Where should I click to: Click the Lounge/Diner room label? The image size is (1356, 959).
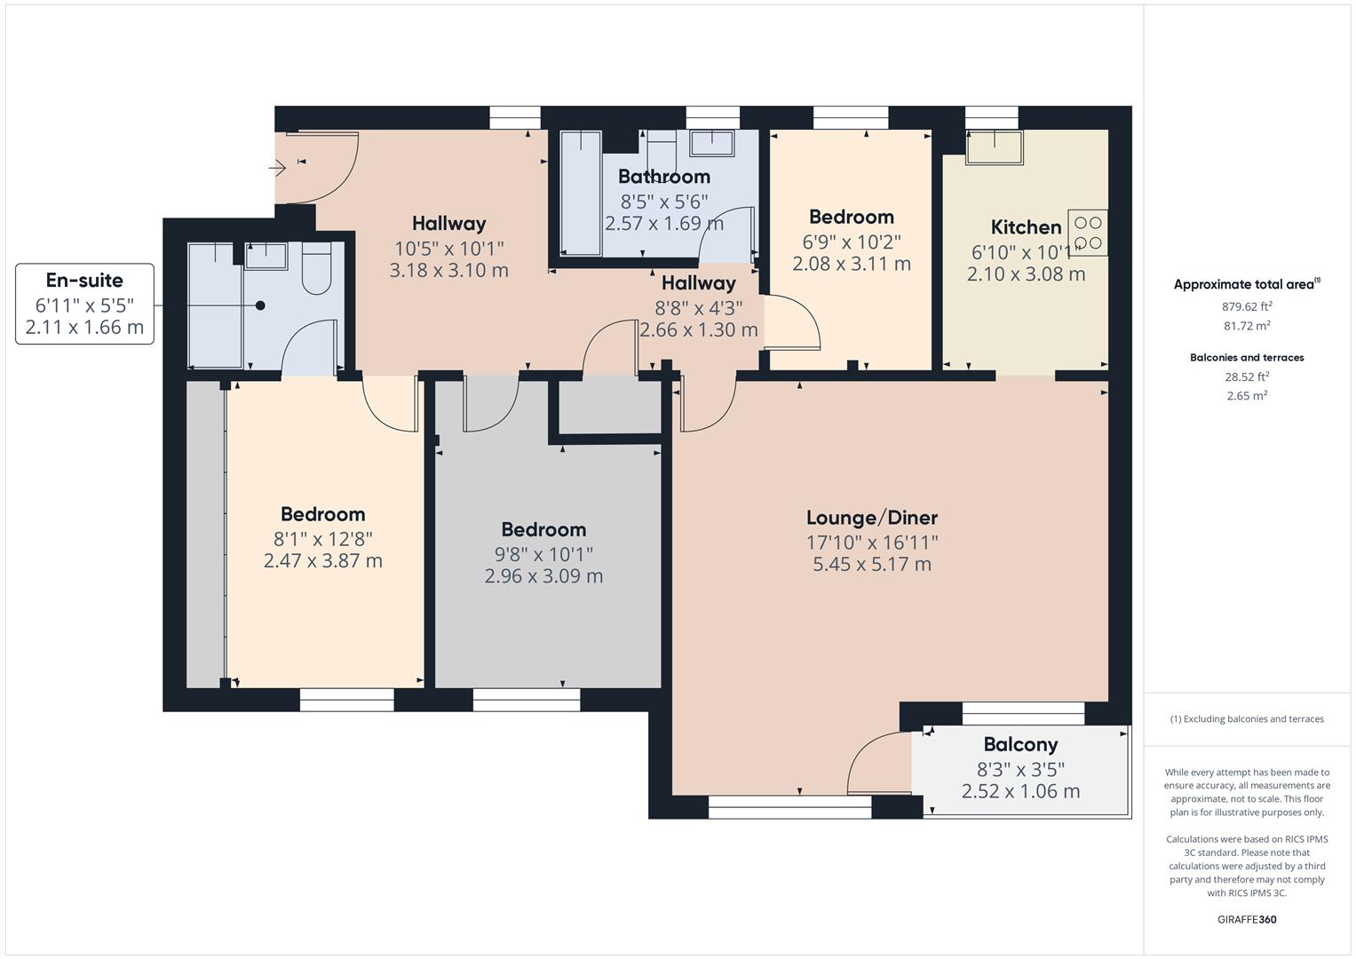[x=871, y=518]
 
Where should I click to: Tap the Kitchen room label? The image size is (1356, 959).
[x=1026, y=227]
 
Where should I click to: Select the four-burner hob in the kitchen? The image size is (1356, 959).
[x=1088, y=233]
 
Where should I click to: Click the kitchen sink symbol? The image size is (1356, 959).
[x=994, y=147]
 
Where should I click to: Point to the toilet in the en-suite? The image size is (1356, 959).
[x=316, y=269]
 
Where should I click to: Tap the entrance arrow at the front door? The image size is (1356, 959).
[x=277, y=167]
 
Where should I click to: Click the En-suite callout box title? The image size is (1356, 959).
[x=84, y=281]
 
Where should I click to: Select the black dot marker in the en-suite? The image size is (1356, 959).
[x=260, y=305]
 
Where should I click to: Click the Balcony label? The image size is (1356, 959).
[x=1020, y=745]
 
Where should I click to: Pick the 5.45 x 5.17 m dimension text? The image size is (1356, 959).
[x=871, y=565]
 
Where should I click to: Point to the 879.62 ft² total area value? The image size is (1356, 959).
[x=1247, y=306]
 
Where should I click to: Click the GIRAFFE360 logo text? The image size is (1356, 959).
[x=1246, y=919]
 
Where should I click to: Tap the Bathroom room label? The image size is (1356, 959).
[x=664, y=177]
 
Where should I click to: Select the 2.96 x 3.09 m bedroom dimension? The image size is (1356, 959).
[x=543, y=576]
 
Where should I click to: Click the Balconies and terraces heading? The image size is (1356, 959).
[x=1247, y=358]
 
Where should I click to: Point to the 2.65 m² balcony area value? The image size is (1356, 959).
[x=1247, y=396]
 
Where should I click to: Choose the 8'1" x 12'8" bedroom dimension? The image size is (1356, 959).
[x=322, y=538]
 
